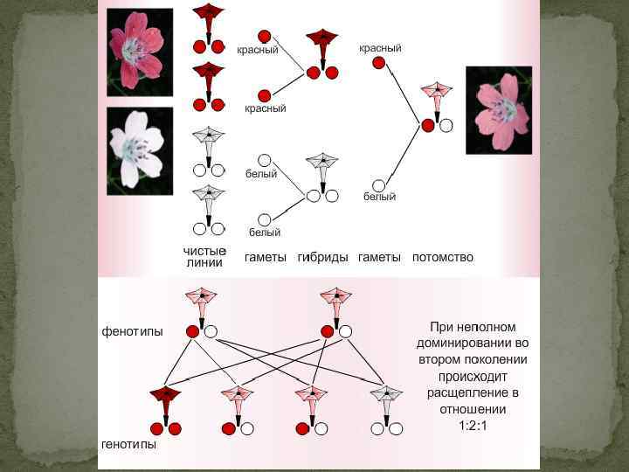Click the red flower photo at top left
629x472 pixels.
pos(135,51)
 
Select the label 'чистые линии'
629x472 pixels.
pos(204,257)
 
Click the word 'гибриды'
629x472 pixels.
pos(322,257)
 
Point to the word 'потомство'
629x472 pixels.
pos(442,257)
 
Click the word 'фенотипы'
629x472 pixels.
pos(132,331)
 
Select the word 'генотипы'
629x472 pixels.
pos(128,444)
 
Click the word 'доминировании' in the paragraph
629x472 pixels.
pos(473,342)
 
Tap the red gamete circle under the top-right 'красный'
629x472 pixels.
pos(378,63)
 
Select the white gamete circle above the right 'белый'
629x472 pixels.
pos(378,185)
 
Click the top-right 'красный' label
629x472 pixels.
pos(380,48)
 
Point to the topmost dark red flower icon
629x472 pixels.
pos(209,12)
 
